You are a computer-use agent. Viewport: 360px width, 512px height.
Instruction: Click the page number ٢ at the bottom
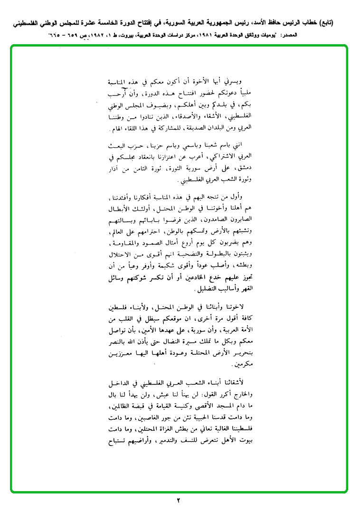point(179,500)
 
